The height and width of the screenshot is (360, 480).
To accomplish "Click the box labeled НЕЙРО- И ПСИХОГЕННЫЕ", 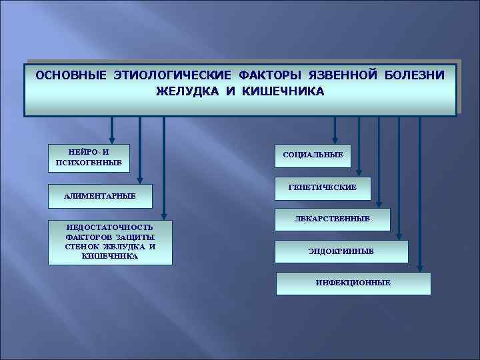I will coord(89,157).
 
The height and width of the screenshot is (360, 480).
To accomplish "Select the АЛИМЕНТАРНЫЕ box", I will coord(99,195).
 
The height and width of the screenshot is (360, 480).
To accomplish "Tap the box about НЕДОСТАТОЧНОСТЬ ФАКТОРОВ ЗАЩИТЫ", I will coord(110,242).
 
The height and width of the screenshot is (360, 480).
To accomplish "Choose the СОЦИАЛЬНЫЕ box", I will coord(313,155).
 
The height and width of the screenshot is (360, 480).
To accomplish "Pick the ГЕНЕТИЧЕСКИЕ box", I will coord(323,188).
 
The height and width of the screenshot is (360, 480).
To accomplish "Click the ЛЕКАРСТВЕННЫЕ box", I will coord(332,219).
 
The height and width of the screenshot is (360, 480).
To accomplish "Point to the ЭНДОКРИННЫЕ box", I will coord(341,251).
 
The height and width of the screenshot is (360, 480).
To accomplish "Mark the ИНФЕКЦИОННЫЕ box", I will coord(353,283).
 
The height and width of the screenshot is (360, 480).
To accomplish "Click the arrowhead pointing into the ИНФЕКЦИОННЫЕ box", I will coord(419,268).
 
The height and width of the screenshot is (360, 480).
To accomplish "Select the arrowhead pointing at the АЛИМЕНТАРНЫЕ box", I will coord(140,179).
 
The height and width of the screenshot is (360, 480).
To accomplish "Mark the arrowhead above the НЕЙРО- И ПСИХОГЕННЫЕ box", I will coord(112,139).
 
